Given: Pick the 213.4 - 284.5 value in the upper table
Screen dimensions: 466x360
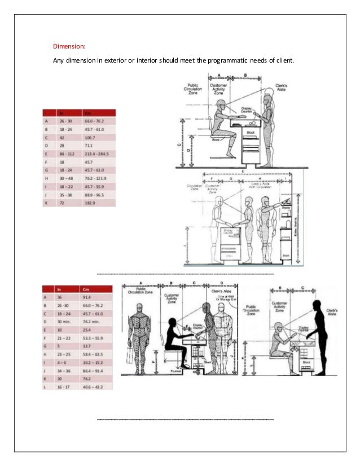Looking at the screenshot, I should pos(97,153).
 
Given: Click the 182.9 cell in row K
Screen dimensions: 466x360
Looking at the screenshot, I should pos(90,201).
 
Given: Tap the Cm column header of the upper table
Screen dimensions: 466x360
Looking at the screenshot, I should pos(87,112).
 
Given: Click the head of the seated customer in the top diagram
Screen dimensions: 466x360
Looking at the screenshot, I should pos(221,106).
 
